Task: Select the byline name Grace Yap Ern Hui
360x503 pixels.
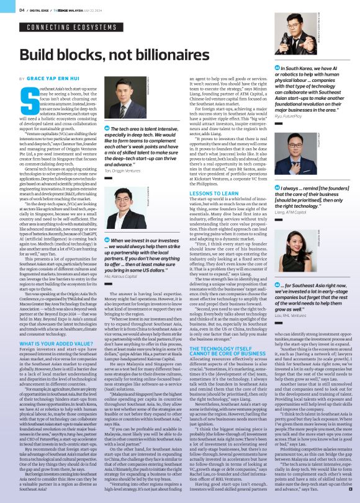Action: (55, 79)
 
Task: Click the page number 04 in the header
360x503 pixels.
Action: (21, 9)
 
